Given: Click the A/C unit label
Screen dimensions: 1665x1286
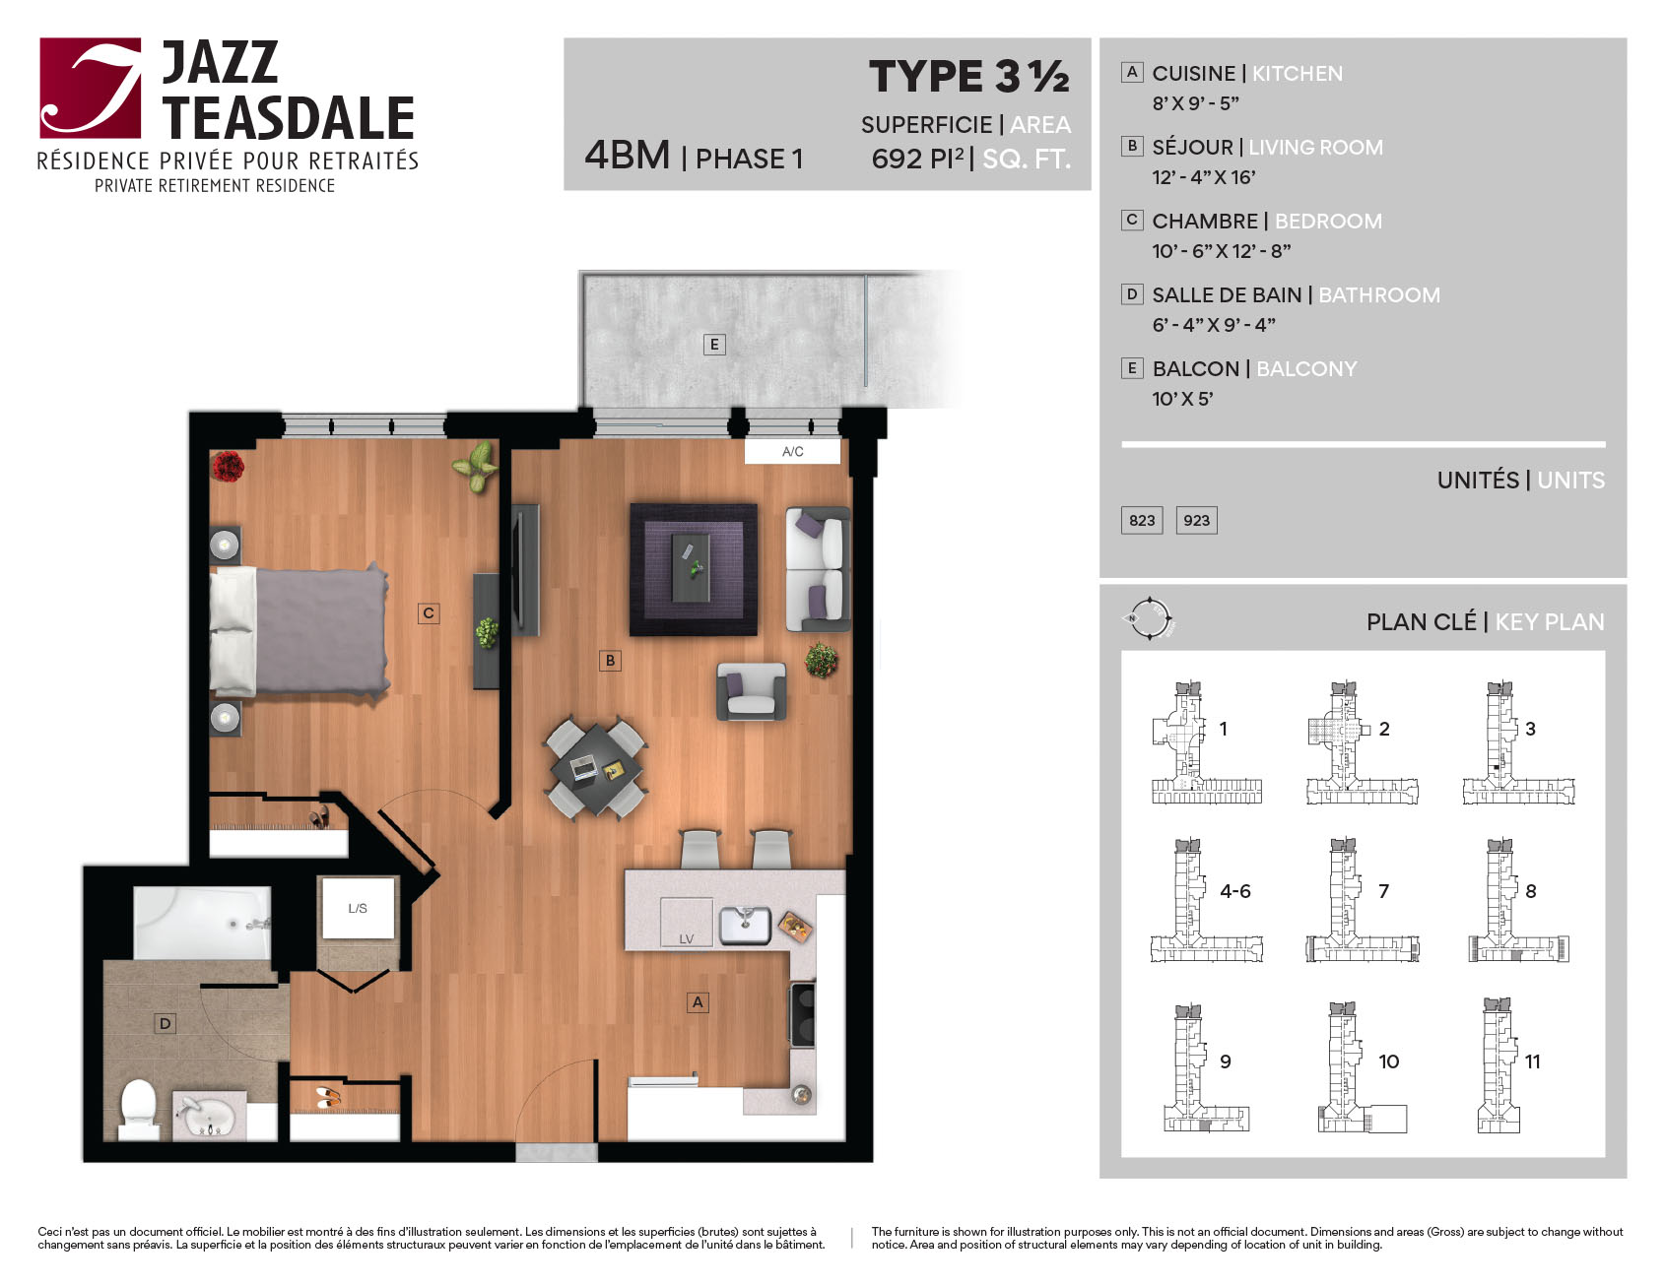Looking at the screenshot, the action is coord(792,451).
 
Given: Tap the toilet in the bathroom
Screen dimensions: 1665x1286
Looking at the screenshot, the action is coord(139,1111).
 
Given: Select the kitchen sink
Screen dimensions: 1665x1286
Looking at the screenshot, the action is coord(745,925).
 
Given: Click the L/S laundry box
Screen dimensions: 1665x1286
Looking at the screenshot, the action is coord(358,908).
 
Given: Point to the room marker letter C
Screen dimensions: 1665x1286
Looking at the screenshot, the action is coord(429,612).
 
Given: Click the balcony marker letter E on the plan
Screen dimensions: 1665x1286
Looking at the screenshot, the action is coord(714,344).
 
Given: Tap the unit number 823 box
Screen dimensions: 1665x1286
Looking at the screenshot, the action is coord(1142,520).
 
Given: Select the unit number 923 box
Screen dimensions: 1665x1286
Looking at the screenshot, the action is coord(1197,520).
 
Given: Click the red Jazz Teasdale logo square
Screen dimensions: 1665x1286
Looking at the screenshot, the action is coord(91,88).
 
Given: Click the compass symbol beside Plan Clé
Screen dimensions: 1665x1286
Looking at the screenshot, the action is coord(1149,619).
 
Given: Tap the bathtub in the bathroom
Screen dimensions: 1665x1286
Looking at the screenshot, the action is coord(202,923).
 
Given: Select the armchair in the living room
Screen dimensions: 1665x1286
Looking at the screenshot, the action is coord(752,690).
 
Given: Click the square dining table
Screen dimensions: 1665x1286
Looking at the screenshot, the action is coord(596,769).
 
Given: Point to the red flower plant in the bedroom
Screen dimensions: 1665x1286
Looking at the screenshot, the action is coord(228,466).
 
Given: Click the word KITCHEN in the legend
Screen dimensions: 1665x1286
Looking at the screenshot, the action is coord(1297,74).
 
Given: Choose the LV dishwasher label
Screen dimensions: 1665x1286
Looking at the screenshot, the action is coord(686,938).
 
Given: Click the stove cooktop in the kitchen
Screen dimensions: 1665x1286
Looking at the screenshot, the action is coord(803,1014).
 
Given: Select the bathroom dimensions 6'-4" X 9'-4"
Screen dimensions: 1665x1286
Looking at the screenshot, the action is coord(1214,324).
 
